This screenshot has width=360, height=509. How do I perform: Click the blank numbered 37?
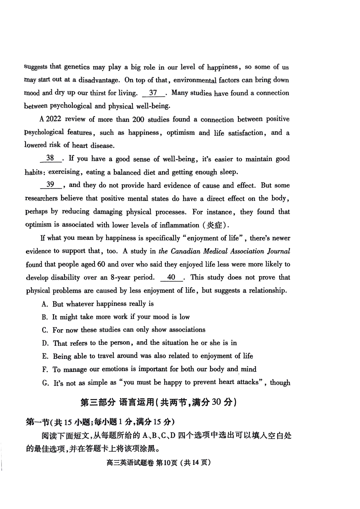[153, 93]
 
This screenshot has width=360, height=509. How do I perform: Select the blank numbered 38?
[50, 158]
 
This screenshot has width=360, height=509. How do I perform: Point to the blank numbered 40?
[171, 277]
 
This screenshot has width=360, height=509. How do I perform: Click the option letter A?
[45, 304]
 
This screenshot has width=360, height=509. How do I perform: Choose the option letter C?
[45, 330]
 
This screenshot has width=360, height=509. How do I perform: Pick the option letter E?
[45, 356]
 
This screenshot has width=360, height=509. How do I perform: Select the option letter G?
[45, 383]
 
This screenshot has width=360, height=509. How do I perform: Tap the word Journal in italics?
[279, 251]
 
